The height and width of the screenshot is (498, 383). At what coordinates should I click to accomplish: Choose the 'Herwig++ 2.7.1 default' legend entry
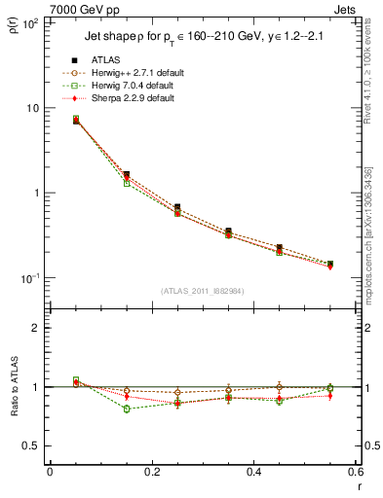pyautogui.click(x=131, y=73)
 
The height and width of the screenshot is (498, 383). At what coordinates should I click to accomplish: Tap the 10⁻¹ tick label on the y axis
pyautogui.click(x=29, y=278)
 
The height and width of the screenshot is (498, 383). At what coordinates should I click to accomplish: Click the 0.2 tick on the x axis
pyautogui.click(x=152, y=472)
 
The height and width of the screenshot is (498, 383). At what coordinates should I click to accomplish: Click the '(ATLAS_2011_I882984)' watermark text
pyautogui.click(x=204, y=291)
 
